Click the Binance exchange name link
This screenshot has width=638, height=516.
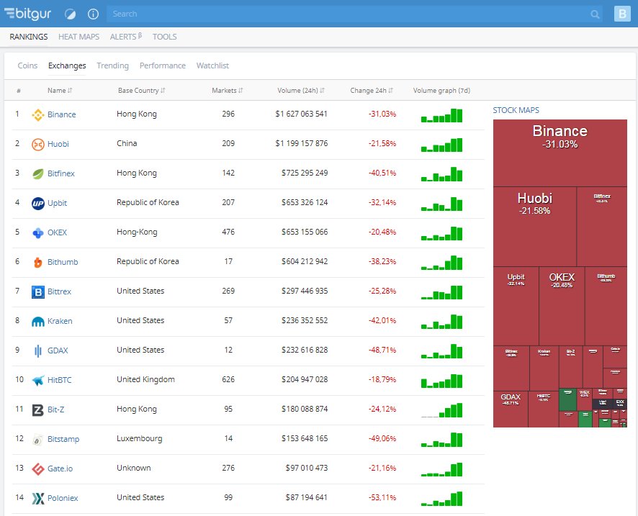(61, 114)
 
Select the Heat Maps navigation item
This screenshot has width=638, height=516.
(78, 37)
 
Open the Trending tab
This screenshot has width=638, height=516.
(112, 65)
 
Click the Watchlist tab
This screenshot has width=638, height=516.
(212, 65)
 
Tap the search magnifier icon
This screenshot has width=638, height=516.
(595, 14)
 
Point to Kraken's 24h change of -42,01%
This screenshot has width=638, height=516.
(382, 321)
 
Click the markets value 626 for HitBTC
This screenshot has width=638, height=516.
(228, 380)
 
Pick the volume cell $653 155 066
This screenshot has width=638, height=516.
(304, 232)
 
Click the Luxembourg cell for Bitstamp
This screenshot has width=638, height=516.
(139, 439)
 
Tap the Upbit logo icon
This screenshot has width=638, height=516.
(38, 203)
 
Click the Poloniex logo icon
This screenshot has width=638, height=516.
(38, 498)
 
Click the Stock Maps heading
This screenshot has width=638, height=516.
(516, 110)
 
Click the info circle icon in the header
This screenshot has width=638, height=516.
(93, 14)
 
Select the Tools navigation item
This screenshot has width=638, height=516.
(164, 37)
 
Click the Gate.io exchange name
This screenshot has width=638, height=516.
(60, 469)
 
